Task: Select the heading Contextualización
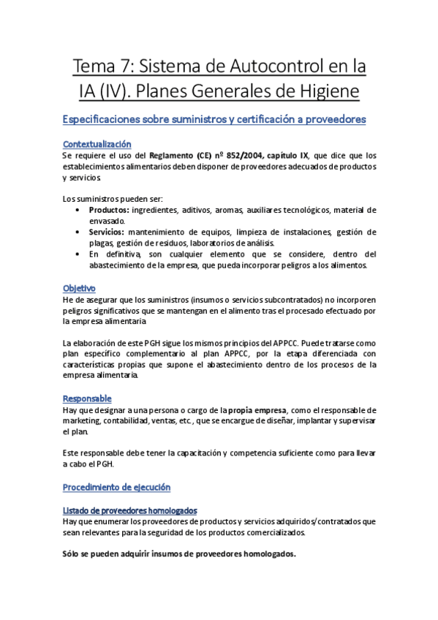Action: [x=97, y=144]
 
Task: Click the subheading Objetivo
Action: [x=79, y=289]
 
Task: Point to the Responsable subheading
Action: [x=87, y=398]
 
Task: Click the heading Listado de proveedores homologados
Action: [x=129, y=510]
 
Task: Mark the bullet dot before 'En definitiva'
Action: [x=78, y=254]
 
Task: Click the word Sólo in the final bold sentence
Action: [x=73, y=553]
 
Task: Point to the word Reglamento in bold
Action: [x=175, y=155]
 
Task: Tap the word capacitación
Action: [x=192, y=453]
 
